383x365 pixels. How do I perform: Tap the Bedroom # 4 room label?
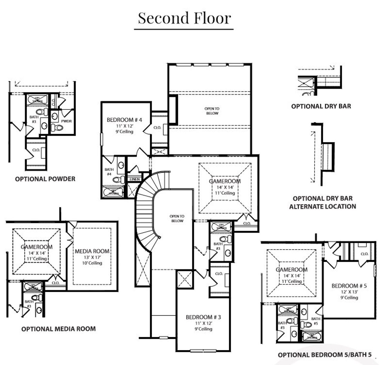click(x=124, y=120)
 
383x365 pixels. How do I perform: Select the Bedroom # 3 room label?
click(x=203, y=317)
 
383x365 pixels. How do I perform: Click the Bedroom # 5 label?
click(x=349, y=286)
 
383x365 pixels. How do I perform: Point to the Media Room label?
click(x=92, y=251)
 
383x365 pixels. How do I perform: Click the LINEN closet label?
click(x=135, y=179)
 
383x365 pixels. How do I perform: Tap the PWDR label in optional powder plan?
click(x=66, y=121)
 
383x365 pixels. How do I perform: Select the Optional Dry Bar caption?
click(x=321, y=106)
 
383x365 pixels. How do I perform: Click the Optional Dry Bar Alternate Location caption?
click(x=323, y=202)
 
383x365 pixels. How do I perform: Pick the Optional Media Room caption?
click(x=58, y=329)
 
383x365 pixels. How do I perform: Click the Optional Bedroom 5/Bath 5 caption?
click(x=325, y=355)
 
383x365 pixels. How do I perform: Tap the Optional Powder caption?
click(x=45, y=179)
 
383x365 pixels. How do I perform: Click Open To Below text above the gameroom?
click(x=212, y=111)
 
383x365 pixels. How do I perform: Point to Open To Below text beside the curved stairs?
click(x=177, y=218)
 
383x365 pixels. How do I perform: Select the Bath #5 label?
click(x=316, y=321)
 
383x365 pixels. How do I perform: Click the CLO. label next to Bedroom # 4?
click(x=157, y=128)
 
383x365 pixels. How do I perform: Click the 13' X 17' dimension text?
click(x=92, y=257)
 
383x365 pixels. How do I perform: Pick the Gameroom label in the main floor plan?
click(x=225, y=181)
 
